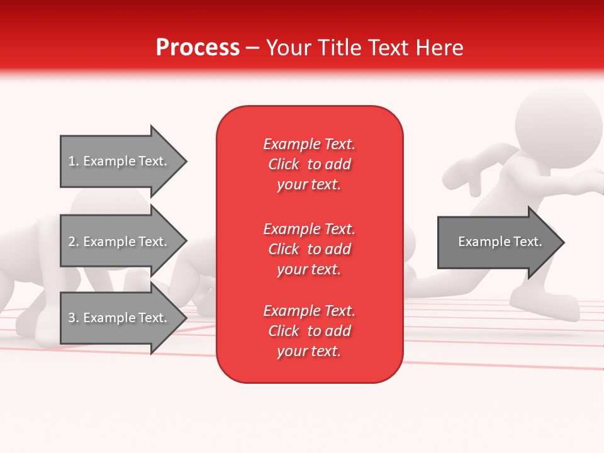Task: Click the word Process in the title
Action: point(198,48)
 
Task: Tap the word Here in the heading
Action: point(439,48)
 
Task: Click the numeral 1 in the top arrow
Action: point(72,161)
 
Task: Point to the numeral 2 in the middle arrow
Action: point(72,242)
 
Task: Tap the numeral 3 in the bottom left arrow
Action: point(72,318)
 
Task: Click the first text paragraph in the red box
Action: point(309,164)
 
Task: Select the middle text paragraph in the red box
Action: point(309,249)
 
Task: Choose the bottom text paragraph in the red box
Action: point(309,331)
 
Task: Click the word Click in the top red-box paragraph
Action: point(284,164)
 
